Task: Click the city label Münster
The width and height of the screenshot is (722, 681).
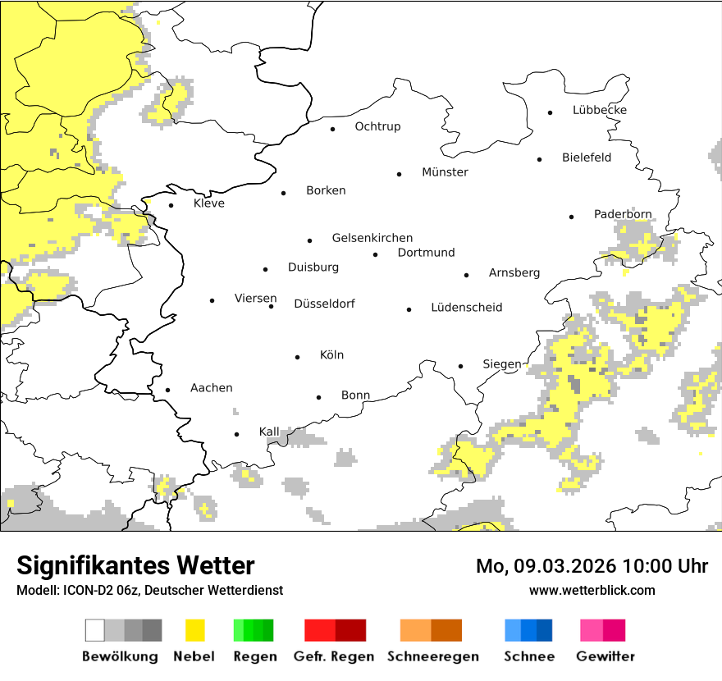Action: point(445,172)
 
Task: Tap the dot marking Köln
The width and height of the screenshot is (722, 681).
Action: point(298,357)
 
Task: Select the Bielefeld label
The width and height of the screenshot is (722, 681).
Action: point(586,158)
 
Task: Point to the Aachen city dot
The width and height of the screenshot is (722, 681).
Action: point(167,391)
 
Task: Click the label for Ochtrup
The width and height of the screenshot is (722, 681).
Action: point(377,126)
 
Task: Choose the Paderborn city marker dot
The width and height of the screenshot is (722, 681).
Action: point(571,217)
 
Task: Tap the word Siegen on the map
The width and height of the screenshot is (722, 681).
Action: point(501,364)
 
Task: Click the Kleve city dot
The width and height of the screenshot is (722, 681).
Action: point(171,205)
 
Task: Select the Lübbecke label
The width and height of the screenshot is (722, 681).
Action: point(599,110)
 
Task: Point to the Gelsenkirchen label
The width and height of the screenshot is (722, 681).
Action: point(372,238)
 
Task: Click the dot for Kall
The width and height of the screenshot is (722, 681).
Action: point(236,434)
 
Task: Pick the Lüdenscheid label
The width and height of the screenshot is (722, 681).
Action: point(466,308)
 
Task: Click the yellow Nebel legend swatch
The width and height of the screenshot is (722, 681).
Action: point(194,630)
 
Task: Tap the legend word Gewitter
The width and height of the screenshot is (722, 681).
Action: point(605,656)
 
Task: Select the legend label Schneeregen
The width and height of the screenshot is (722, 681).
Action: point(432,656)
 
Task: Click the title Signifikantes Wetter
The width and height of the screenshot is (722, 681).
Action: point(135,566)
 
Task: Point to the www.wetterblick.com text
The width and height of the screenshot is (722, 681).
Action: point(592,590)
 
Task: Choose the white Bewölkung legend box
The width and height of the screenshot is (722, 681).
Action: point(94,630)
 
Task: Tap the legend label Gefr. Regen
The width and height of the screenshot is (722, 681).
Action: point(333,656)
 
